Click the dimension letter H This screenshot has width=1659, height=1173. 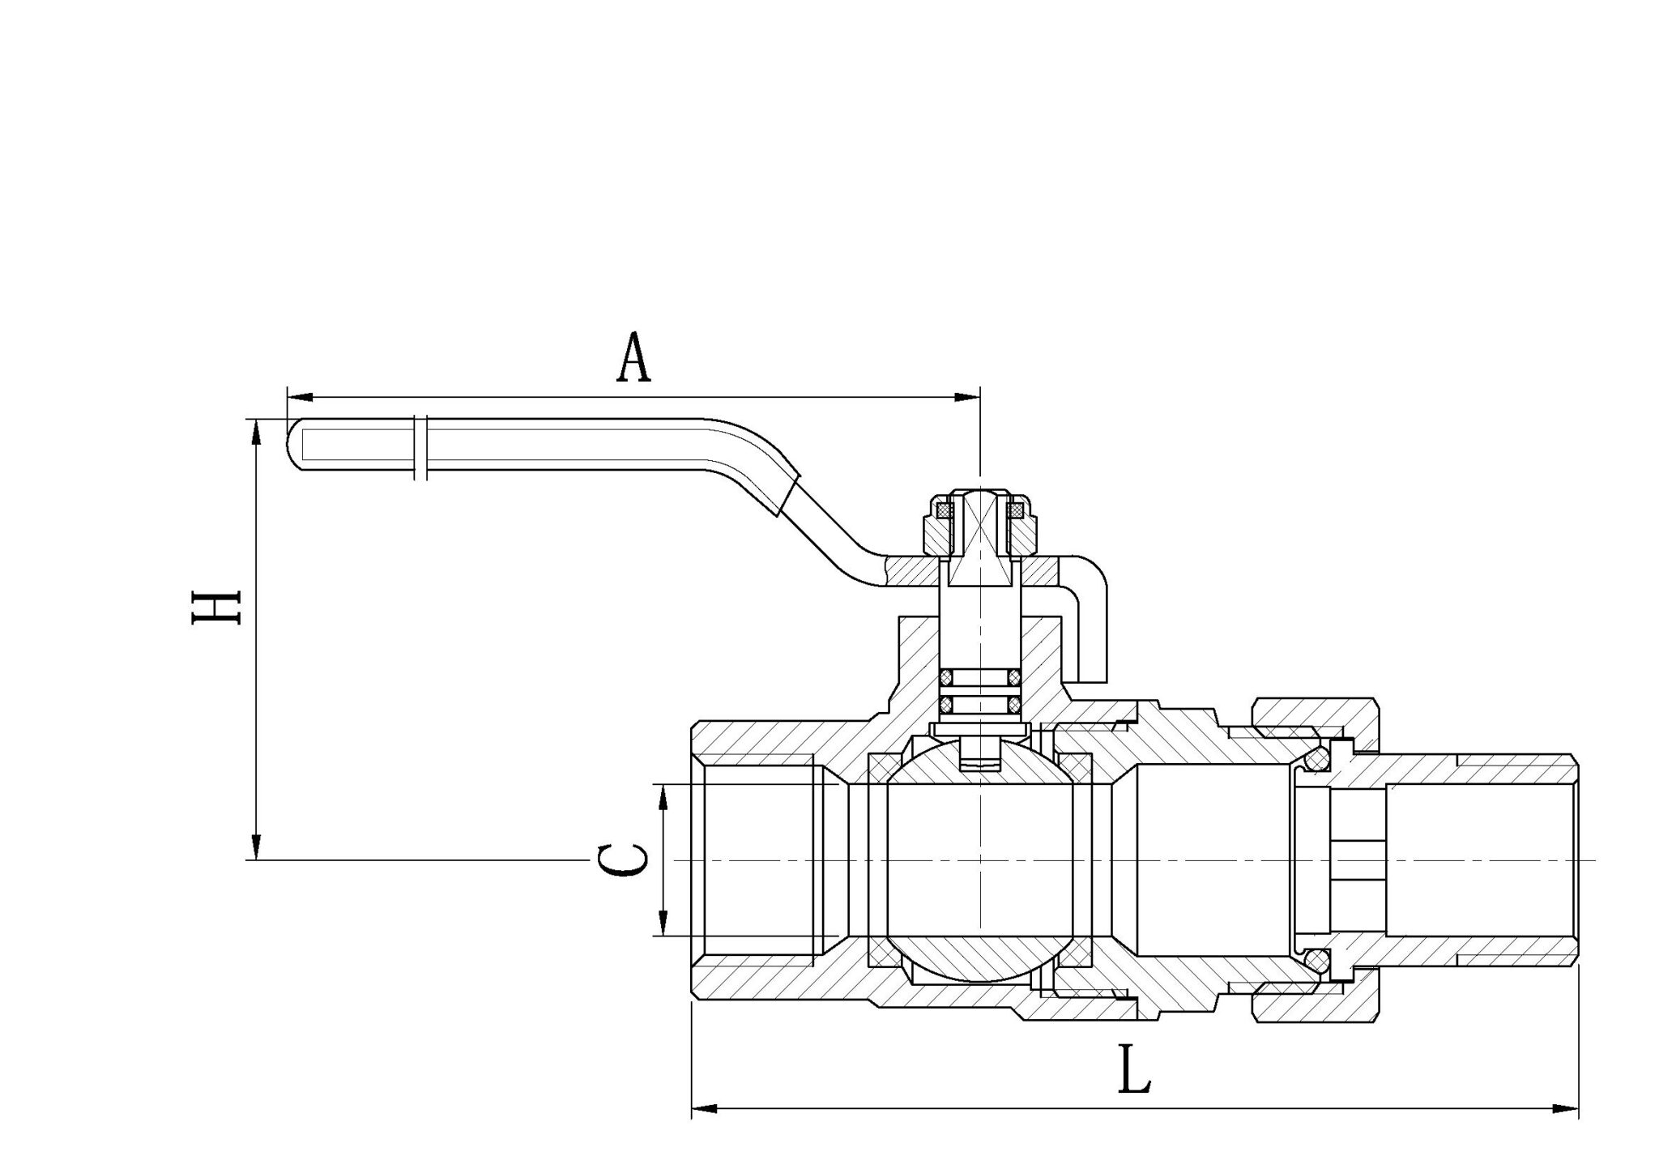216,608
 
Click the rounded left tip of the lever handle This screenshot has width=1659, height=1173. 294,444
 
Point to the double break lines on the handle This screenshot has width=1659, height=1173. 420,448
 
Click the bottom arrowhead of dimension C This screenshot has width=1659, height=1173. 663,923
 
